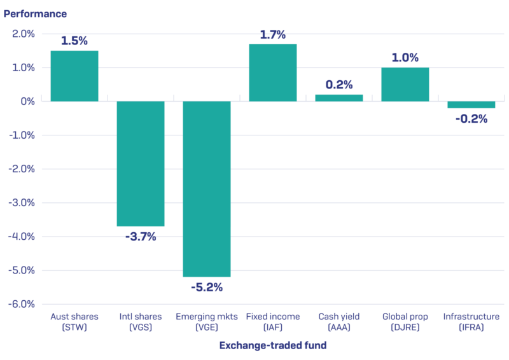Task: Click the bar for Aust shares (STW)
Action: tap(74, 76)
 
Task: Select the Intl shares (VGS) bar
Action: tap(141, 163)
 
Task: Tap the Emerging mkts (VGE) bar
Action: tap(207, 189)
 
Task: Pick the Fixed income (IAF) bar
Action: tap(273, 73)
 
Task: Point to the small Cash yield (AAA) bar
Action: tap(339, 98)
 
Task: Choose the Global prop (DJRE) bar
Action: tap(405, 85)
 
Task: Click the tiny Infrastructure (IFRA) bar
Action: tap(471, 105)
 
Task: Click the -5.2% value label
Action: tap(207, 287)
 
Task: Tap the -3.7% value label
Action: tap(141, 237)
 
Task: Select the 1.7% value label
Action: tap(273, 34)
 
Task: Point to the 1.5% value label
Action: tap(74, 41)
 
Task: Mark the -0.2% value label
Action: tap(471, 118)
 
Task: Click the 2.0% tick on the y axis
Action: tap(24, 34)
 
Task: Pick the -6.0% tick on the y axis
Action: tap(22, 304)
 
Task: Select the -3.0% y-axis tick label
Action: tap(22, 203)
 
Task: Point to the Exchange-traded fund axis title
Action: tap(273, 345)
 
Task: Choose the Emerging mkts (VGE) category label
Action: tap(207, 322)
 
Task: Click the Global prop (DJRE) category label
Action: tap(405, 322)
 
